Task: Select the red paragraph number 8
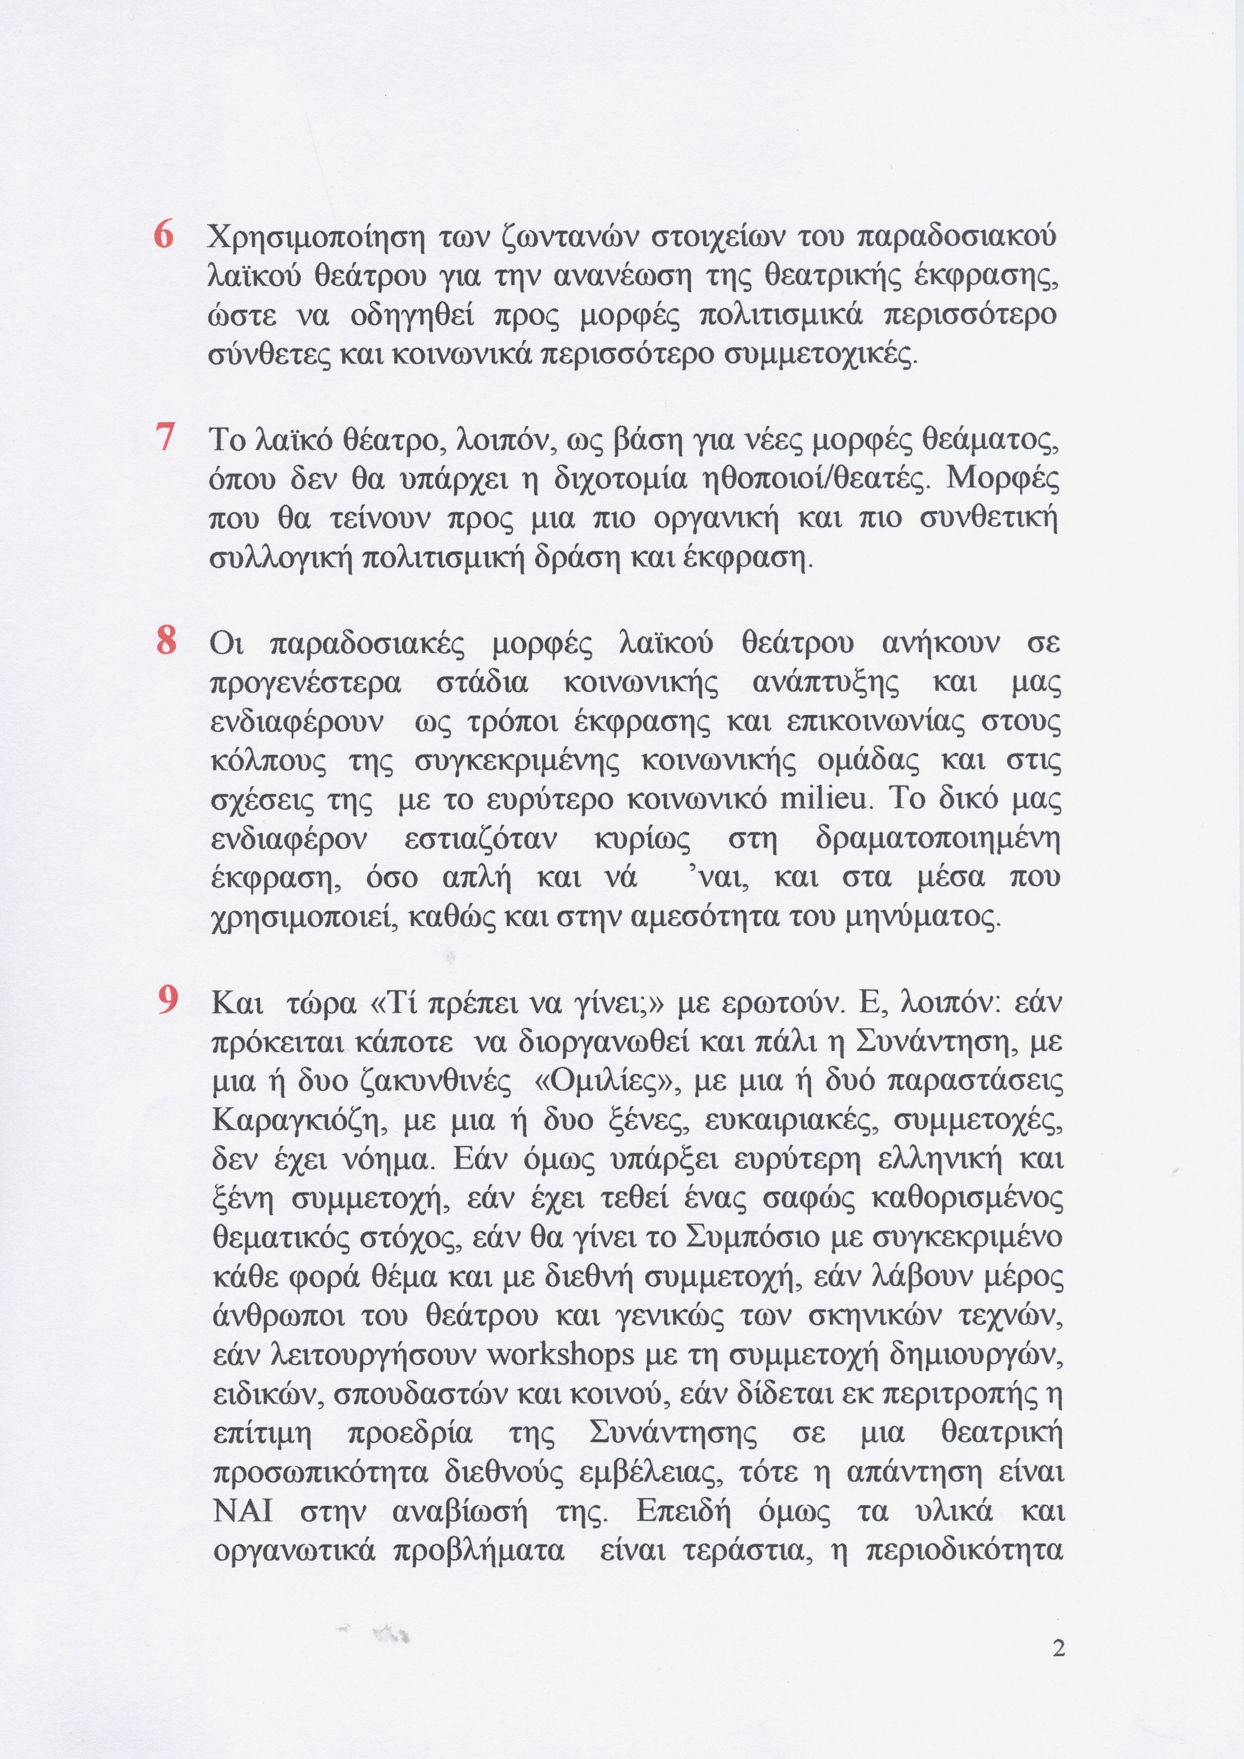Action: pos(165,640)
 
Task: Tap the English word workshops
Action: pos(561,1354)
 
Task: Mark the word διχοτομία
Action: pos(616,480)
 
